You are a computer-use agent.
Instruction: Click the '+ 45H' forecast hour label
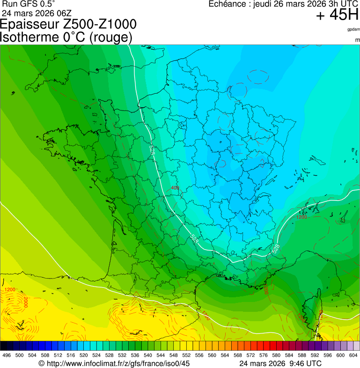pos(337,15)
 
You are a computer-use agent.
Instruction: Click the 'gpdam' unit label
pos(353,29)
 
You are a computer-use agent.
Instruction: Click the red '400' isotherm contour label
pos(175,188)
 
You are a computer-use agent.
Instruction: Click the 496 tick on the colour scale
pos(7,355)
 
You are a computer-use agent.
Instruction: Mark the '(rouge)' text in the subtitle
pos(110,37)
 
